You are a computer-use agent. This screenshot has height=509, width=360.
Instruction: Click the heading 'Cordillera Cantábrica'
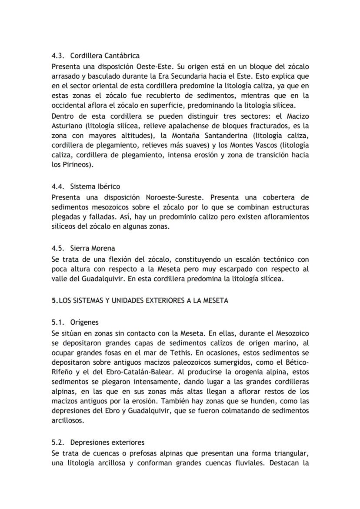[x=105, y=56]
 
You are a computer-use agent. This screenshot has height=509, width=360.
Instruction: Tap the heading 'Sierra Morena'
[x=93, y=248]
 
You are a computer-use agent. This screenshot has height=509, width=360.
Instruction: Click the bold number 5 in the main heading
[x=53, y=300]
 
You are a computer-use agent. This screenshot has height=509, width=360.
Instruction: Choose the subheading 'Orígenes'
[x=84, y=323]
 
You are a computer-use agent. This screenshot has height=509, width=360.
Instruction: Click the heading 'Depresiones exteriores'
[x=107, y=442]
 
